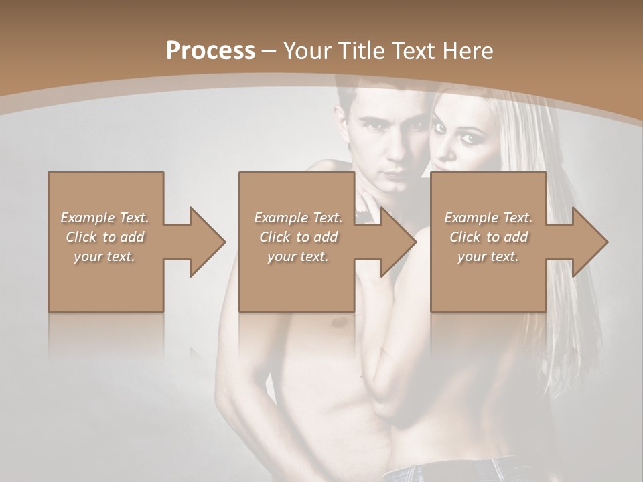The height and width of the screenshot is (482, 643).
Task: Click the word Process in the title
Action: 210,50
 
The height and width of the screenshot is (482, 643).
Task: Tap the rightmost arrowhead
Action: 589,242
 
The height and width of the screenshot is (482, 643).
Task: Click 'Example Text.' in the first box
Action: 105,218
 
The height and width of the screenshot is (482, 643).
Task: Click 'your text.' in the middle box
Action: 297,256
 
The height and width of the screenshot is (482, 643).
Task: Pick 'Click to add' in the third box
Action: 488,237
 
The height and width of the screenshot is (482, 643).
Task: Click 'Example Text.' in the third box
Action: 488,218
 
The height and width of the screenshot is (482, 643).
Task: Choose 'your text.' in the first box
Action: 104,256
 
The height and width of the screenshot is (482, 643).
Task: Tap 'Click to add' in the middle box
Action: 298,237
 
